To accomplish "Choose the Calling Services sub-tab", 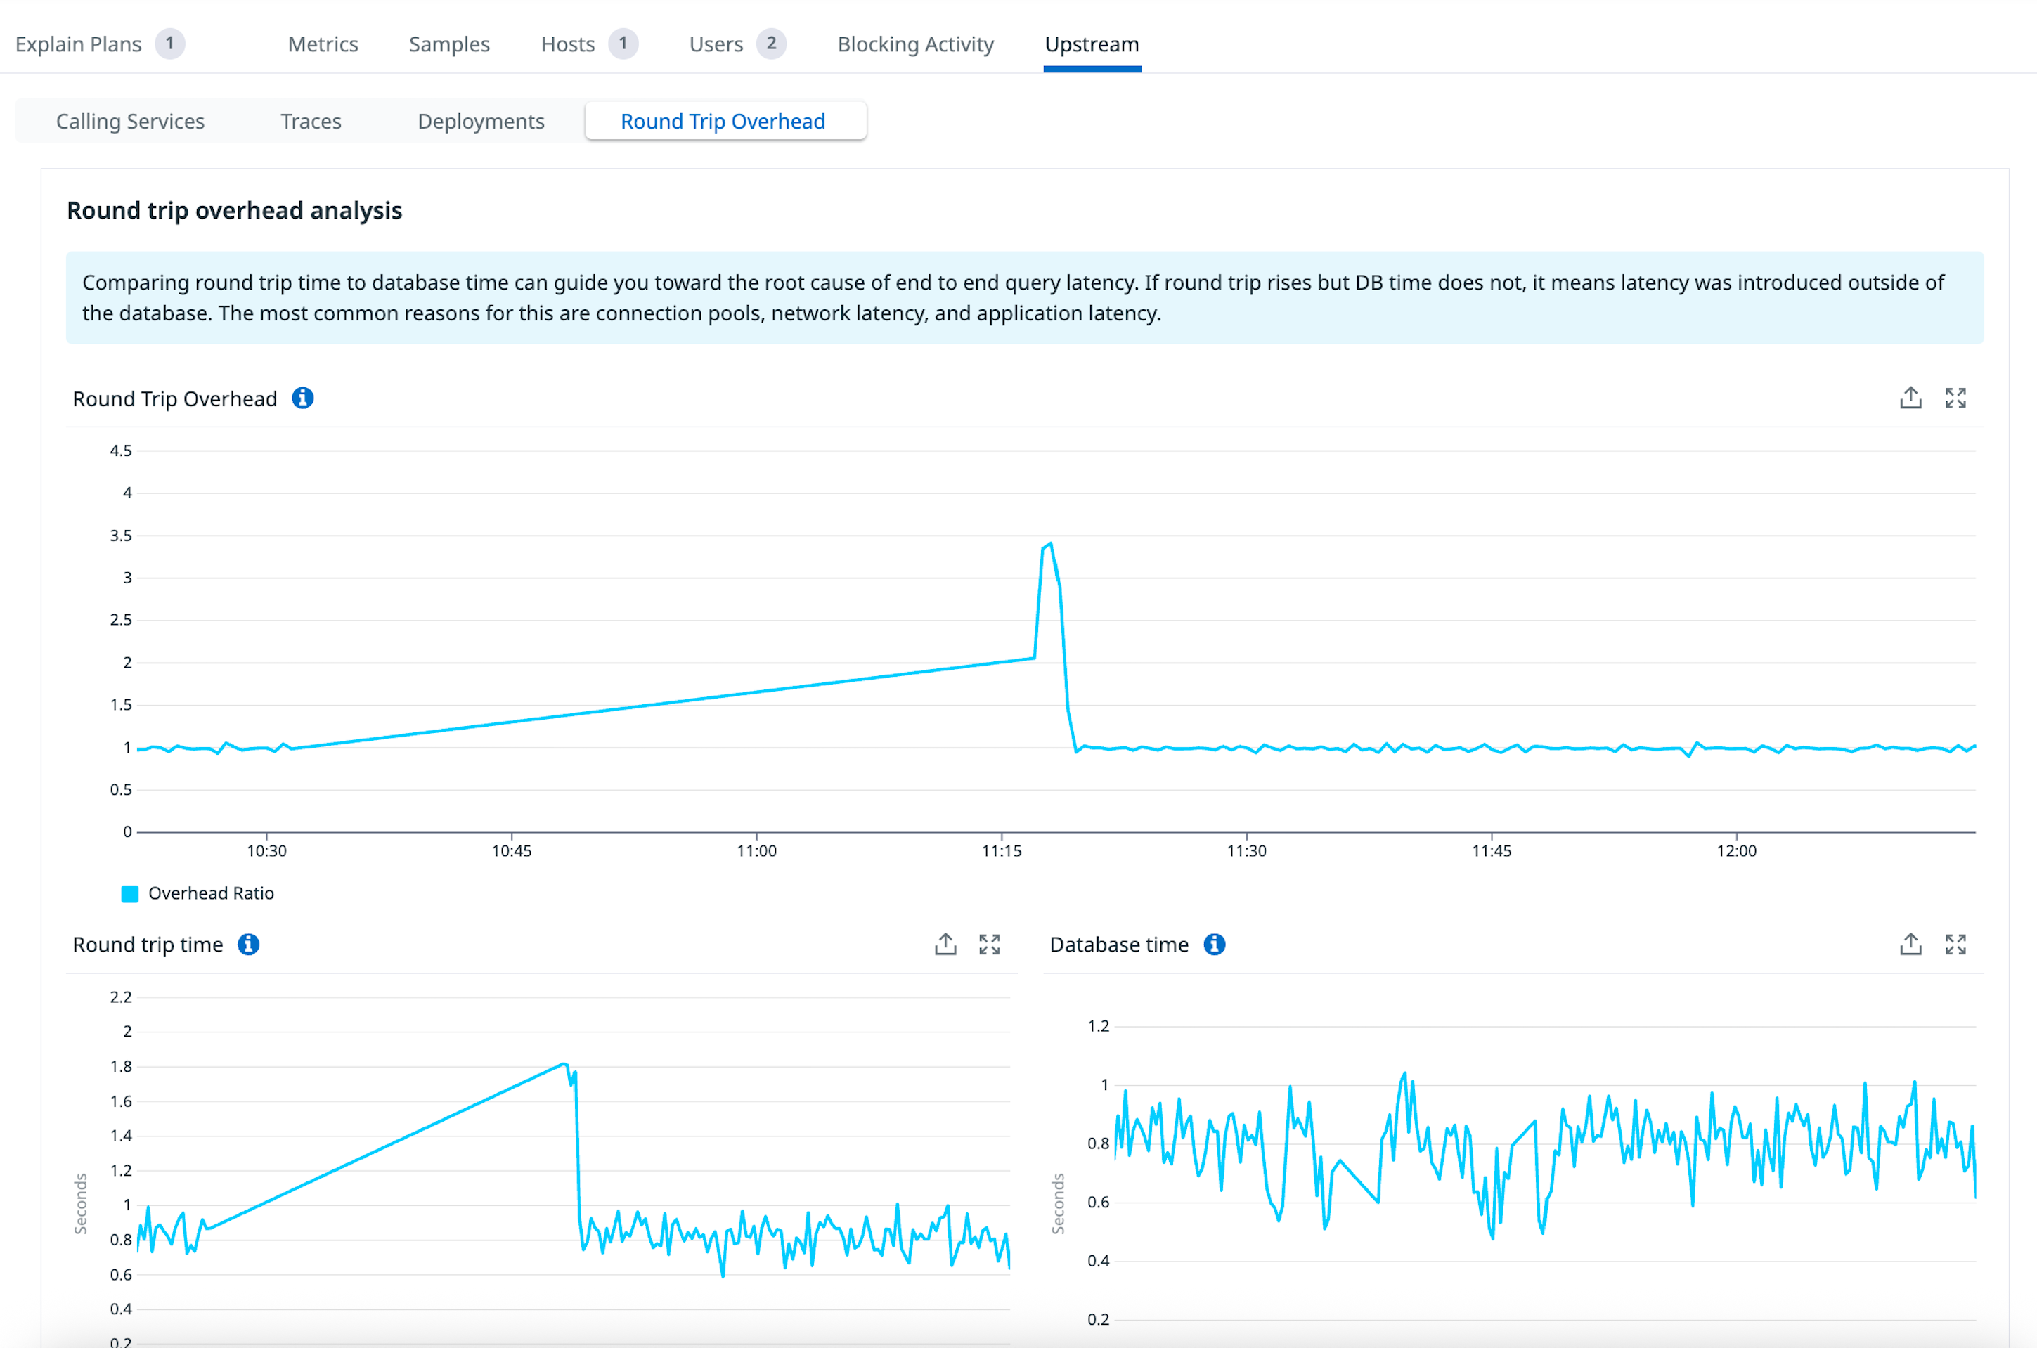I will [130, 121].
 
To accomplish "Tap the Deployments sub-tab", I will [481, 121].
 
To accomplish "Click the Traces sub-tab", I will [311, 121].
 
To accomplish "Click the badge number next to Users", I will [771, 43].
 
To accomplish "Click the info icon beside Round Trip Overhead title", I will [303, 398].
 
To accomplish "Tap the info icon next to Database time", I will [1214, 944].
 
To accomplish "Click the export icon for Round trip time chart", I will [945, 944].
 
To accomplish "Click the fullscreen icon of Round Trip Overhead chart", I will [1955, 398].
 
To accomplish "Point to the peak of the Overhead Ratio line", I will [1050, 544].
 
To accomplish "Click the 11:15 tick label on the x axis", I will [1001, 851].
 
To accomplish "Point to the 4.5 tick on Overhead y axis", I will [121, 451].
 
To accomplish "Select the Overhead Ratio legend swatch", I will [130, 894].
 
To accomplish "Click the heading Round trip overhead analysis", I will [234, 211].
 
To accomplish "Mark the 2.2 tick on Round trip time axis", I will [121, 997].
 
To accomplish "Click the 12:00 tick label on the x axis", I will [1736, 851].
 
